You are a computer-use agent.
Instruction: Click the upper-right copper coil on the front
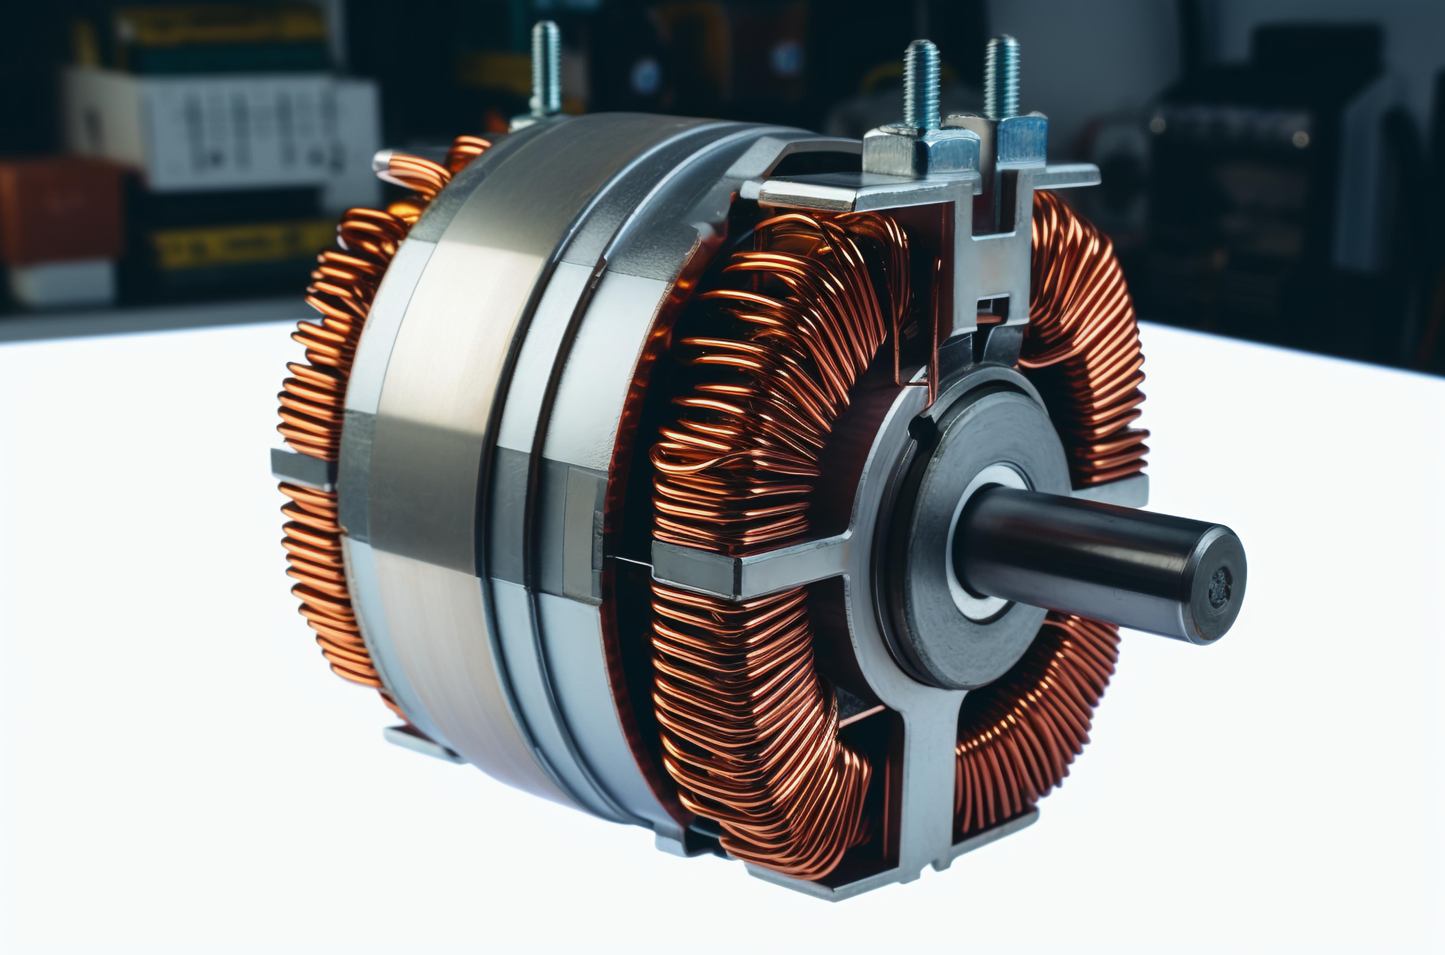(1090, 341)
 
